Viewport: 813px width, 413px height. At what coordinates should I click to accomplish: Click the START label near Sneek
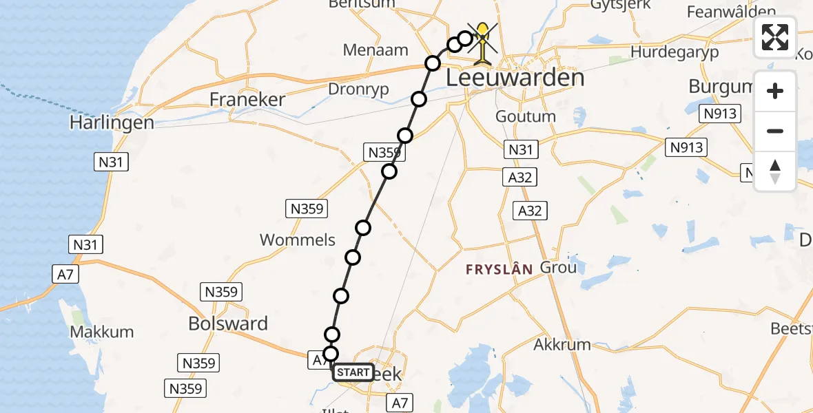353,372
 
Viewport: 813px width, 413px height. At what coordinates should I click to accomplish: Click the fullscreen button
775,37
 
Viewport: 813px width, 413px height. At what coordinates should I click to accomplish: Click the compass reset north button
775,171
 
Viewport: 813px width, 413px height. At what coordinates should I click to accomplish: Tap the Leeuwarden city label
515,78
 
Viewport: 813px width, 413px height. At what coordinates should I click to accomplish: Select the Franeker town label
247,100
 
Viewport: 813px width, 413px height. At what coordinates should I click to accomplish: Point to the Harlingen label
111,123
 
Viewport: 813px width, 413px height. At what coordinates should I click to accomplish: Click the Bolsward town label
228,324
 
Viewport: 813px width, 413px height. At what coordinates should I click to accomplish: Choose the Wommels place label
298,240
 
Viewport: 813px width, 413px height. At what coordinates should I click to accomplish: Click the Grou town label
558,267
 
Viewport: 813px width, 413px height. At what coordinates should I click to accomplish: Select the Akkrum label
562,344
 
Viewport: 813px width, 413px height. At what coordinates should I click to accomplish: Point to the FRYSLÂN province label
500,270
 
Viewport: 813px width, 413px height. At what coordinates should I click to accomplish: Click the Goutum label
526,116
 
